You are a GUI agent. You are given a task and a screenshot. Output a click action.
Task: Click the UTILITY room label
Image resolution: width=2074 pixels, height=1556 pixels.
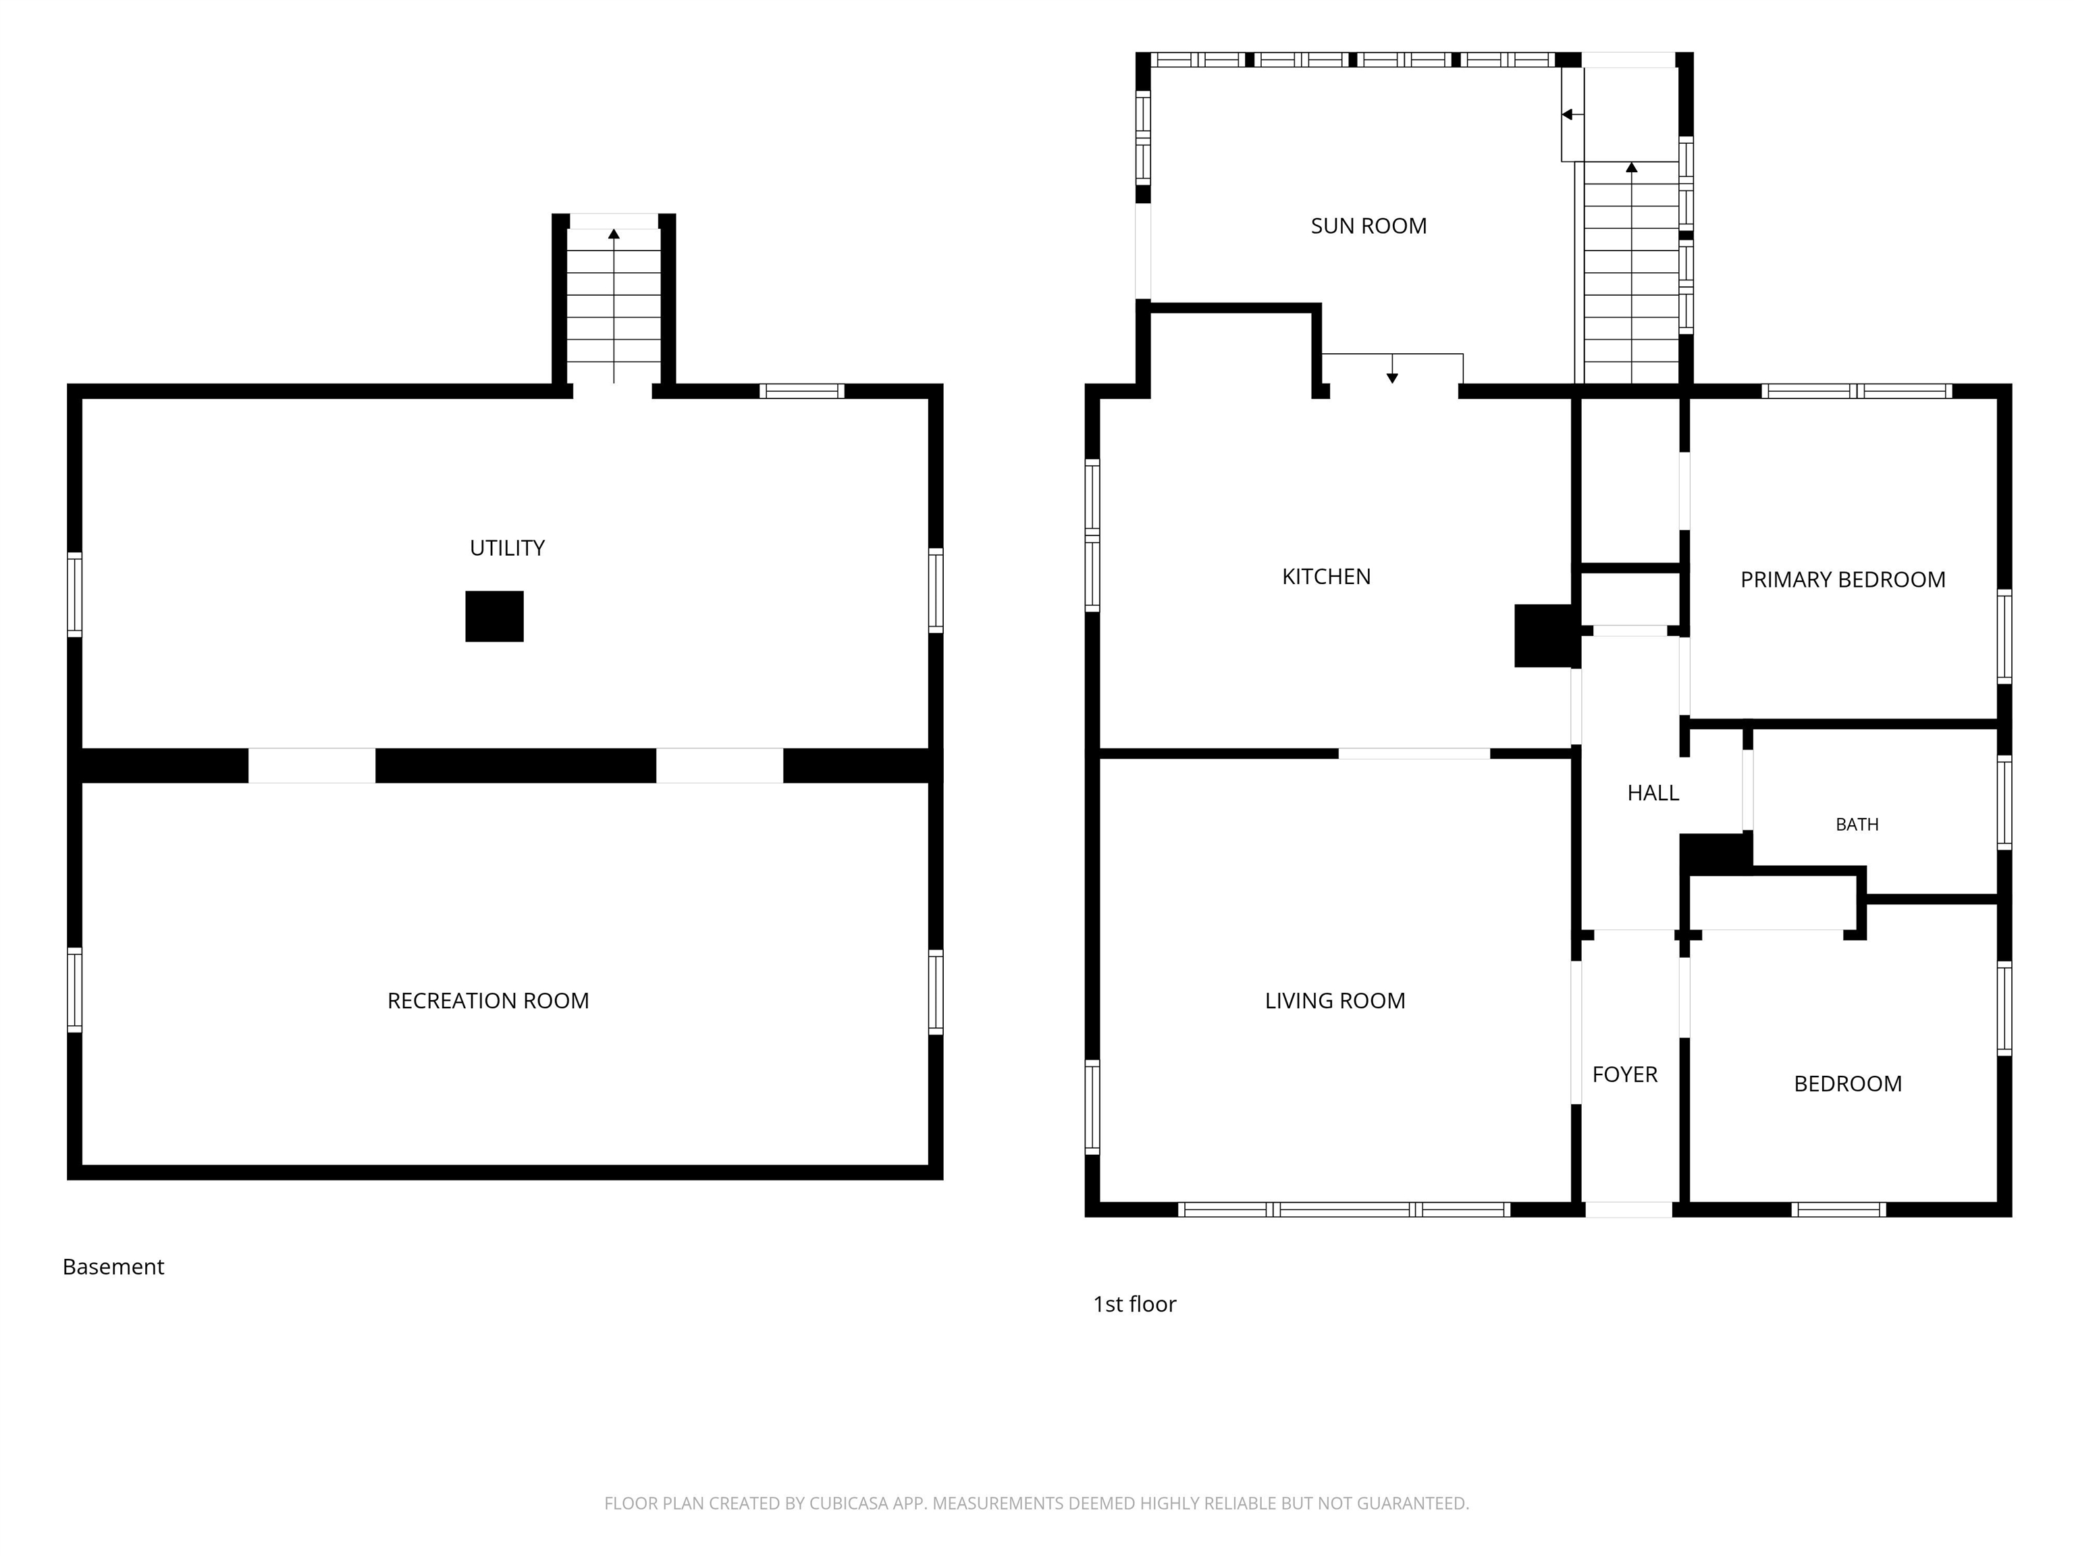(507, 548)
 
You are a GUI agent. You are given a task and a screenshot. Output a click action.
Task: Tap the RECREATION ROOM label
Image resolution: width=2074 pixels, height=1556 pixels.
(489, 1001)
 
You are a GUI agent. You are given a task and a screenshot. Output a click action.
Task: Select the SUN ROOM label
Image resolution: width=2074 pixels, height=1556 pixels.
(1369, 226)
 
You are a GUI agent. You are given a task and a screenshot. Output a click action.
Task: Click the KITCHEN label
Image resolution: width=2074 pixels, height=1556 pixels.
(1327, 577)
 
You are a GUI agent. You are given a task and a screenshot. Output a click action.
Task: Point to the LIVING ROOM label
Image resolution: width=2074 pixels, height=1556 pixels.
(1335, 1001)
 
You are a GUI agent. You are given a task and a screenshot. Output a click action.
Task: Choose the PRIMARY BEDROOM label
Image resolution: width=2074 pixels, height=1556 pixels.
(1843, 579)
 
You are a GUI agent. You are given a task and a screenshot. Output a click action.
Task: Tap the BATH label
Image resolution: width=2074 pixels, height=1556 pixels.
(1857, 825)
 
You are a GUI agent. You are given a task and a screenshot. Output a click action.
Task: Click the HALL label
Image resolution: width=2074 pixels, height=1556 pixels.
(1653, 794)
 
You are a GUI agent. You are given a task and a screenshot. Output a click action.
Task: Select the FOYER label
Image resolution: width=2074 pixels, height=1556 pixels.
(1625, 1075)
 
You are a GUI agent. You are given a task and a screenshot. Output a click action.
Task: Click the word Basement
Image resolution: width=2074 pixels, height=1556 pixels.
(113, 1267)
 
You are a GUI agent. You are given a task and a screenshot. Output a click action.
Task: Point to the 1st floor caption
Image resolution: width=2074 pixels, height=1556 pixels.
(1134, 1305)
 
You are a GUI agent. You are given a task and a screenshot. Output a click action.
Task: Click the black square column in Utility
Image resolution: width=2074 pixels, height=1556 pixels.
(495, 616)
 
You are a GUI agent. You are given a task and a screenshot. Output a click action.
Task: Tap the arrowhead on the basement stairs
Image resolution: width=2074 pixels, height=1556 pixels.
(614, 234)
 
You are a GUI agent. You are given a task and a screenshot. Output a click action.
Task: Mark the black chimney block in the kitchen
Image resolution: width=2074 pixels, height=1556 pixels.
(1543, 636)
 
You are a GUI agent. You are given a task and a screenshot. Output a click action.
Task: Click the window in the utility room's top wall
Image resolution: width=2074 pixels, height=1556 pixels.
(801, 391)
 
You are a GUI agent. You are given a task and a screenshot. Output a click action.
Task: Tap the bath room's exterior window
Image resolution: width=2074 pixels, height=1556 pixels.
(2004, 802)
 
